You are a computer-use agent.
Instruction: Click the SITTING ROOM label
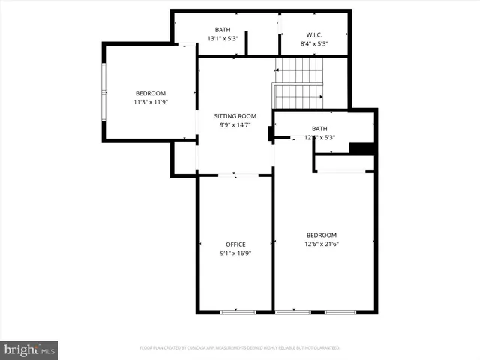[x=235, y=116]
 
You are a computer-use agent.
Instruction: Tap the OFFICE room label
[x=235, y=244]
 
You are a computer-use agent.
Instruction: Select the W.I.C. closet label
[x=313, y=34]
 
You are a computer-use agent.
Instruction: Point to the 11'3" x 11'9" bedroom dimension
[x=150, y=102]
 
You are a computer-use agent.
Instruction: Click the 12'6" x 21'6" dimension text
[x=321, y=244]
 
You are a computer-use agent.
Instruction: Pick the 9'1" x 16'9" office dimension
[x=235, y=253]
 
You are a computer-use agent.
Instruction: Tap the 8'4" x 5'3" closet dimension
[x=313, y=43]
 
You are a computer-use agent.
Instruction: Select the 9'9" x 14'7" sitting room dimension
[x=235, y=125]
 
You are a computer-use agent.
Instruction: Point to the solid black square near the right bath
[x=362, y=148]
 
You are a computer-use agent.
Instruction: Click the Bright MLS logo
[x=30, y=349]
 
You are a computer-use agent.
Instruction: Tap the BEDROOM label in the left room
[x=150, y=93]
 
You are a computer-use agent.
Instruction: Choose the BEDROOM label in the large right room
[x=321, y=235]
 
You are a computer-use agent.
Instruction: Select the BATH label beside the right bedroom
[x=320, y=128]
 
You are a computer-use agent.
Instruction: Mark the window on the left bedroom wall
[x=104, y=91]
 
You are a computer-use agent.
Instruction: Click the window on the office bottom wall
[x=238, y=311]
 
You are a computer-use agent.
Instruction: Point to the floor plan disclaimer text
[x=240, y=348]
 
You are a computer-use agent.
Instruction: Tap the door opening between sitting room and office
[x=235, y=175]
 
